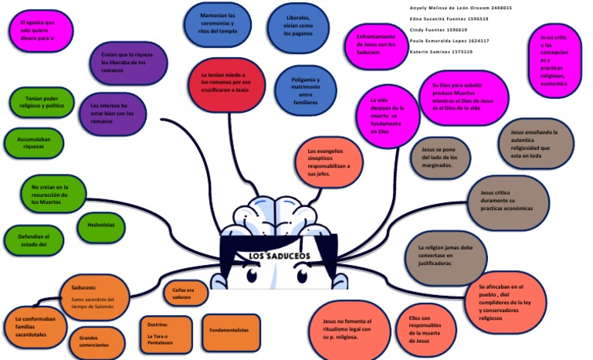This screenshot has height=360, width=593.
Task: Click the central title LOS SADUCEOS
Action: pyautogui.click(x=279, y=256)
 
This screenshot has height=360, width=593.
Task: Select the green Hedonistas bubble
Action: pyautogui.click(x=101, y=226)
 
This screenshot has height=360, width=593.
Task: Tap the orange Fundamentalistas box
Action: pyautogui.click(x=231, y=331)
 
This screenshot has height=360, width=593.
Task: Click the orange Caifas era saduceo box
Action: pyautogui.click(x=184, y=293)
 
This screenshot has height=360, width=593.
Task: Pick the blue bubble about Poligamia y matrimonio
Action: pyautogui.click(x=305, y=91)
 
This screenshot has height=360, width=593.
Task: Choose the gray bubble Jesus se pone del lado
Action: pyautogui.click(x=439, y=156)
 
